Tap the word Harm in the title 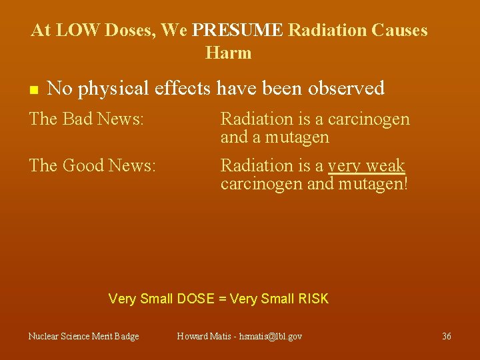[229, 53]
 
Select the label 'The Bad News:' [86, 119]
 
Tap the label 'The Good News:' [92, 165]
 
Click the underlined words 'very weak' [366, 166]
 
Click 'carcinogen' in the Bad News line [368, 120]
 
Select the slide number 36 [447, 337]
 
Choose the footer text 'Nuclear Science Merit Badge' [83, 337]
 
